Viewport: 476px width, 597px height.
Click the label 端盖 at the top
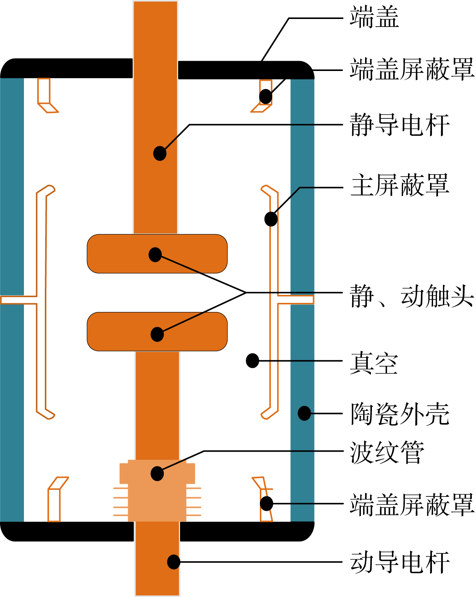[374, 17]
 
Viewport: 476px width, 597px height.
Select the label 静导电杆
[400, 125]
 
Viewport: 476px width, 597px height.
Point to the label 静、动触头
[412, 296]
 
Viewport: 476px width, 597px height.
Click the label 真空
[374, 363]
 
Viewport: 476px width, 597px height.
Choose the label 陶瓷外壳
[400, 414]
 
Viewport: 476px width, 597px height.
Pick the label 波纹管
[387, 452]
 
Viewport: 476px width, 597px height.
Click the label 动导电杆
[400, 562]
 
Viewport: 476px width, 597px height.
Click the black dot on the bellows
[157, 474]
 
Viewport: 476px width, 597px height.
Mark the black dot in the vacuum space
[253, 361]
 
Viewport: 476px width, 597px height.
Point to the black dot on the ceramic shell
[304, 413]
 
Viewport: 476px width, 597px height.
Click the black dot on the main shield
[271, 219]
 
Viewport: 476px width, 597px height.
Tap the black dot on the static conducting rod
[160, 153]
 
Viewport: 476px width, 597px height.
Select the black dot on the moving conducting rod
[174, 562]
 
